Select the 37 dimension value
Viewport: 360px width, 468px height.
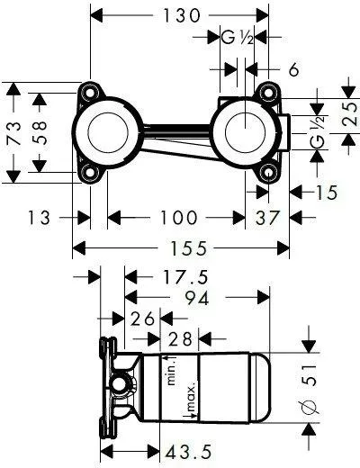267,217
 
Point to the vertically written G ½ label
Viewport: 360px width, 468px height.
317,135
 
